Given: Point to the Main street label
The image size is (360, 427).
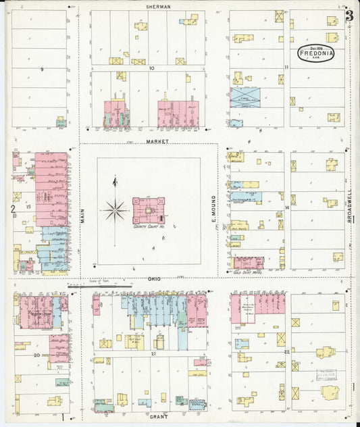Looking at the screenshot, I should coord(83,215).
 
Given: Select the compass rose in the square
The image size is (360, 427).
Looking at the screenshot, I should coord(115,210).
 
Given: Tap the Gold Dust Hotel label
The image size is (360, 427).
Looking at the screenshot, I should coord(247,272).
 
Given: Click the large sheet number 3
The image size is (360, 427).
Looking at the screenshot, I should coord(349,16).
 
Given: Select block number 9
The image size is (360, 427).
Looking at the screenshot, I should coord(41,69).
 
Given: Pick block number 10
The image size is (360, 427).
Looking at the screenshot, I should coord(152,68).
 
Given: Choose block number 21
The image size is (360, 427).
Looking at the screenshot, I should coord(153,353).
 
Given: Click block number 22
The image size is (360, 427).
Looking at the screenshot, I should coord(287,352).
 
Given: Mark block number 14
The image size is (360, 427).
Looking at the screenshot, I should coord(287,207).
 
